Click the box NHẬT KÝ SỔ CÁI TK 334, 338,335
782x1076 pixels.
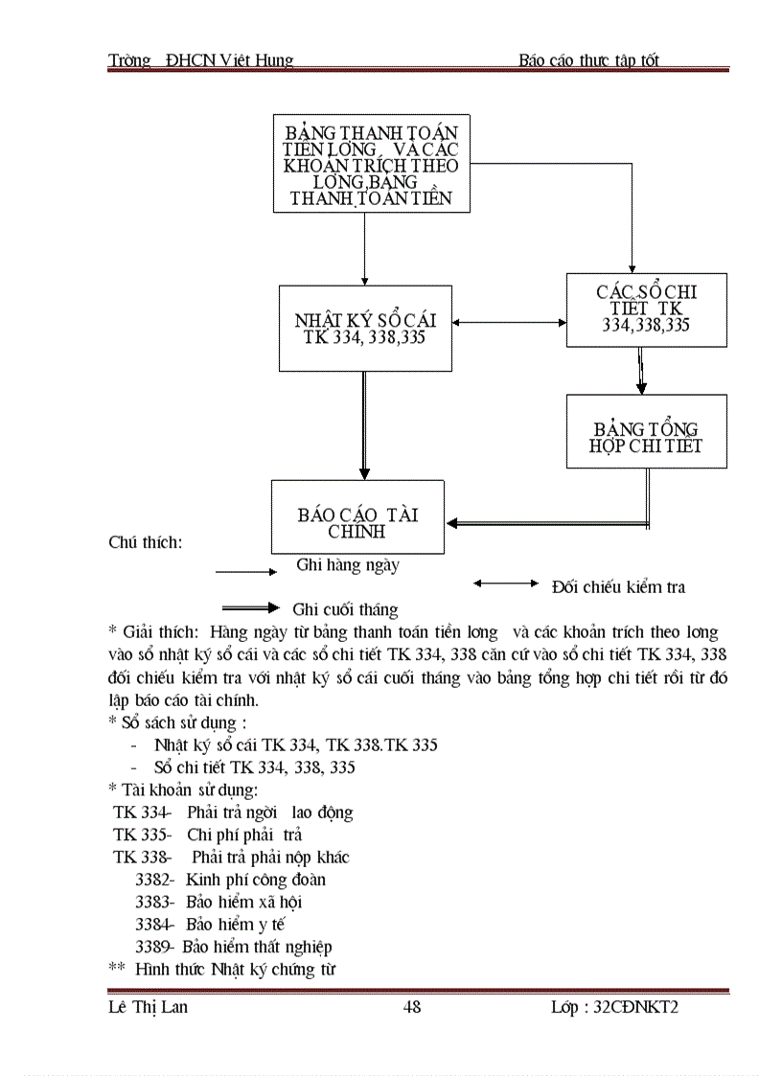(x=365, y=328)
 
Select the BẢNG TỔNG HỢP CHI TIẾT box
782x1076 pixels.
(x=646, y=431)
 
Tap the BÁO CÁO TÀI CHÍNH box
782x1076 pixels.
(x=357, y=517)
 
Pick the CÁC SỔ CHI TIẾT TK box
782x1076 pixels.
(x=646, y=309)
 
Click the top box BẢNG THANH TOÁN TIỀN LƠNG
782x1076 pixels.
(x=370, y=164)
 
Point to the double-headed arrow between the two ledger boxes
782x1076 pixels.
(x=509, y=323)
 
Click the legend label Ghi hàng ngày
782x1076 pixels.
(x=348, y=565)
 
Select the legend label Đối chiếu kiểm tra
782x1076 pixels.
(x=618, y=586)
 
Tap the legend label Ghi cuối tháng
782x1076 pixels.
(x=345, y=609)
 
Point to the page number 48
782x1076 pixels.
(x=412, y=1007)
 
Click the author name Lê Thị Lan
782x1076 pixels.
(x=148, y=1007)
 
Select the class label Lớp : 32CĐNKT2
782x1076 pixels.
(x=614, y=1007)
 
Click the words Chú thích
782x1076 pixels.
(x=146, y=542)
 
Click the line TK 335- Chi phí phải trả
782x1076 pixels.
(x=207, y=835)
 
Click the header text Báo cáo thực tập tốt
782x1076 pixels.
(x=588, y=60)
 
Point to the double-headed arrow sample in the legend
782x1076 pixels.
(x=507, y=583)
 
